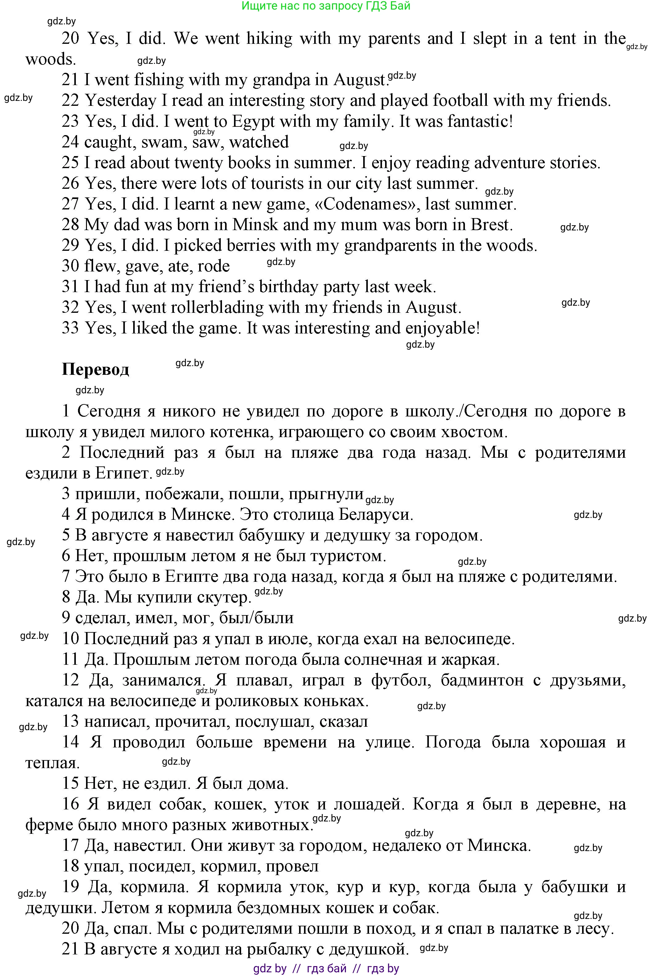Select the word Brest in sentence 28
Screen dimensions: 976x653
coord(491,225)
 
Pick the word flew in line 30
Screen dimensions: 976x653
coord(100,266)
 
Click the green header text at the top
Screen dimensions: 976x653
coord(326,6)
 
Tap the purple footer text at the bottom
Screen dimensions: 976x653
coord(326,969)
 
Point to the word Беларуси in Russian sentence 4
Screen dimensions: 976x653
coord(375,515)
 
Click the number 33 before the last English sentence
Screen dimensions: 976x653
coord(70,328)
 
